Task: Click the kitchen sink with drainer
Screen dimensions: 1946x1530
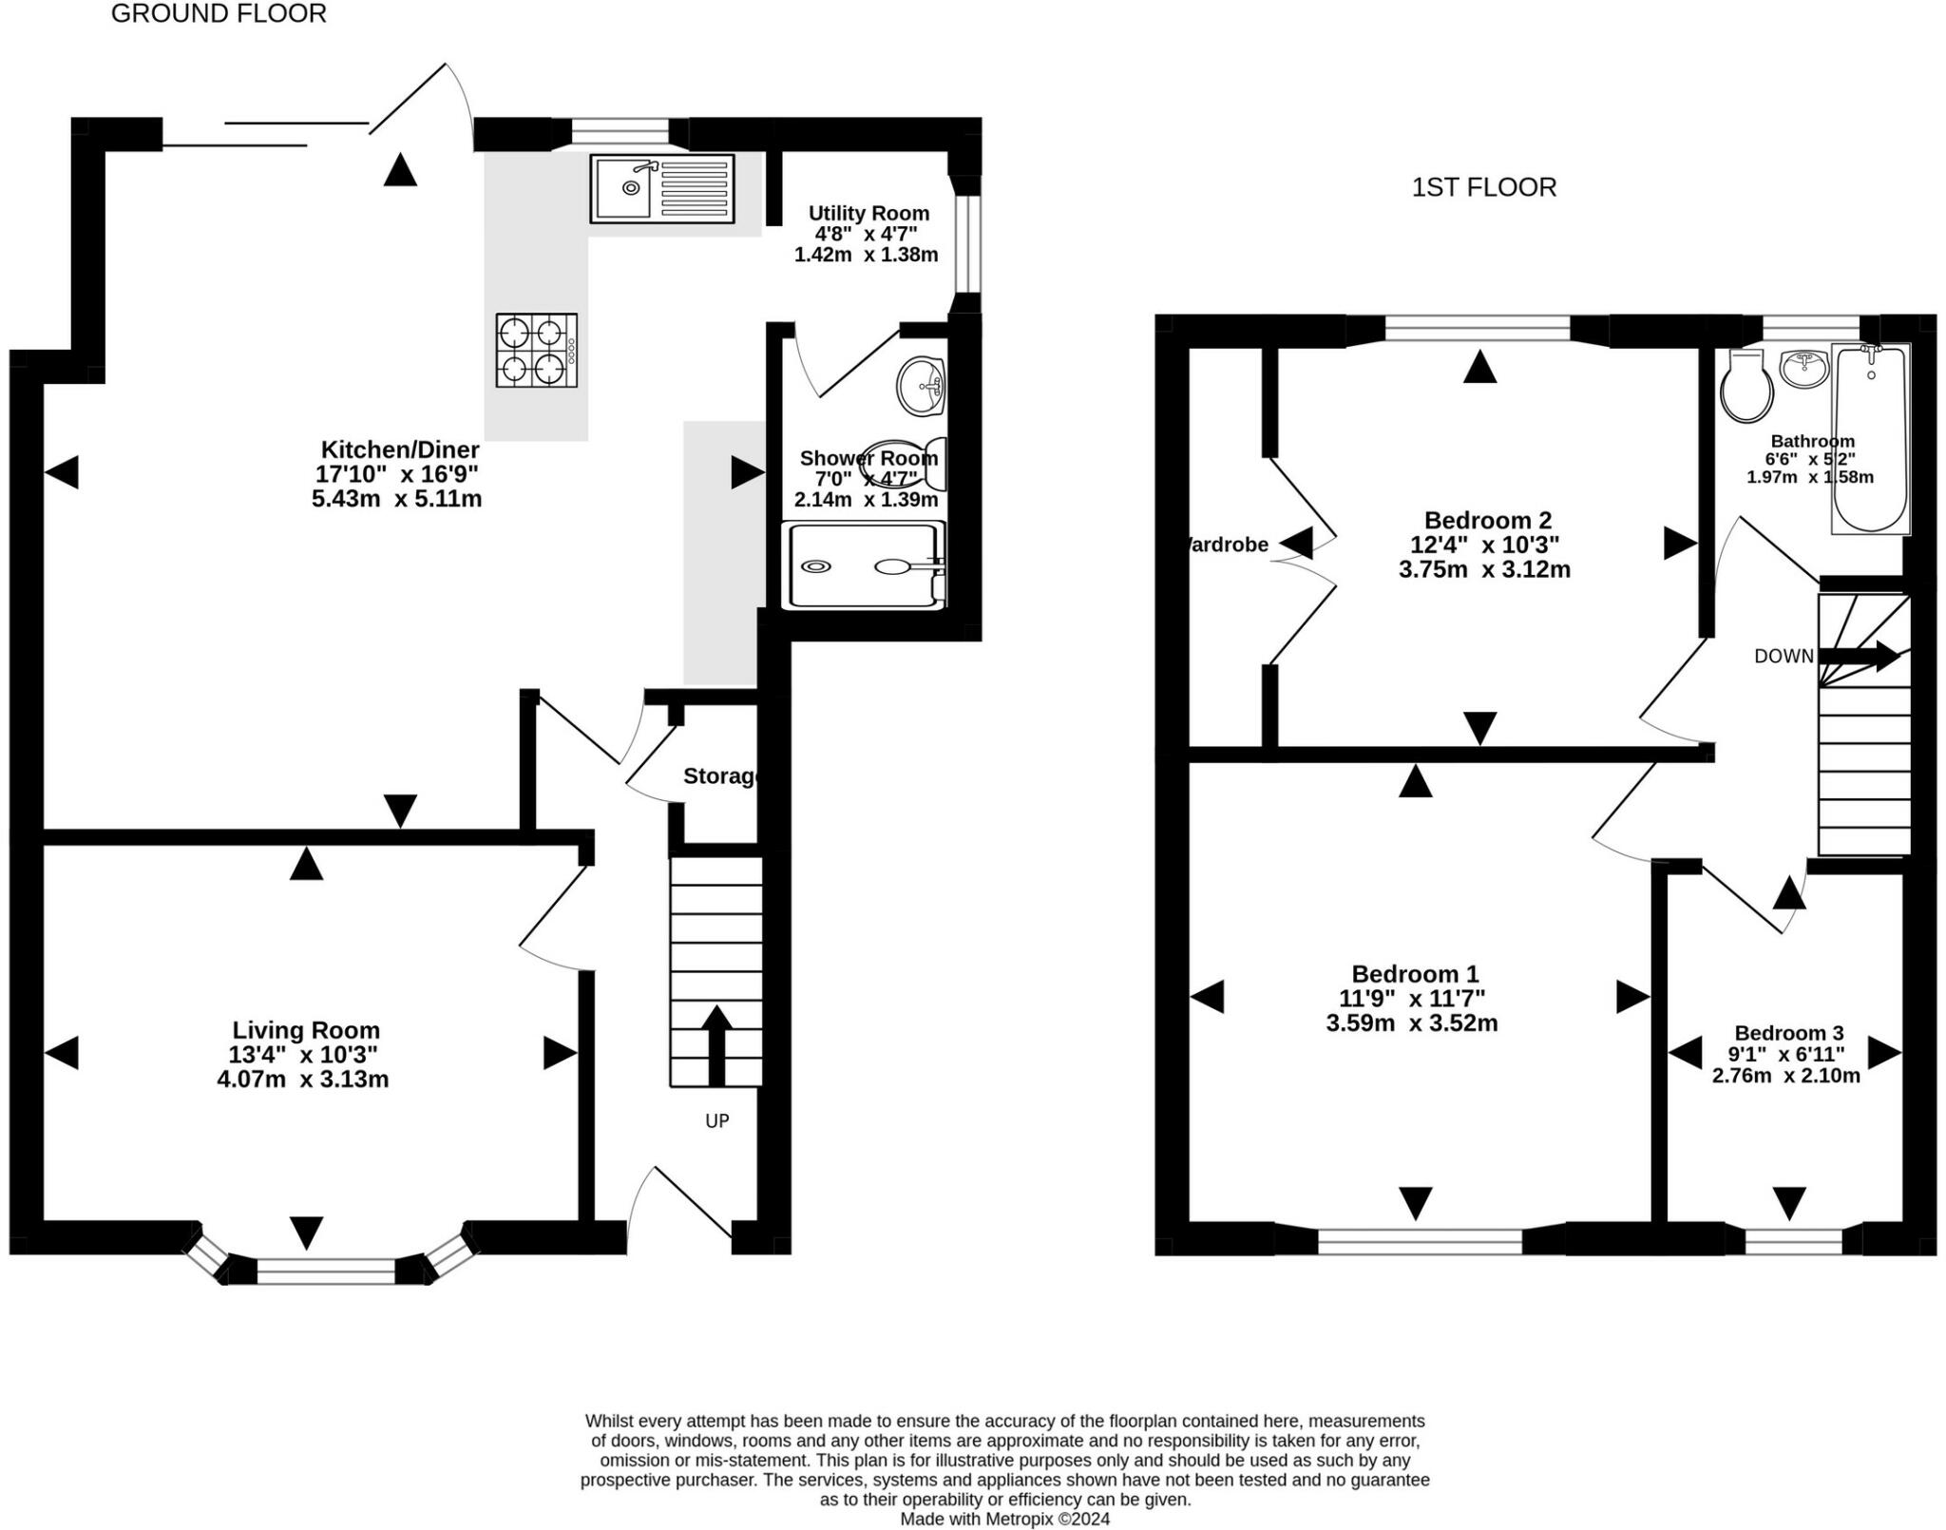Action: pyautogui.click(x=661, y=188)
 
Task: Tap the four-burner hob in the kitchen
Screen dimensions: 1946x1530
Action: pyautogui.click(x=536, y=351)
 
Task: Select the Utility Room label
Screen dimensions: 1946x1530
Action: pyautogui.click(x=868, y=213)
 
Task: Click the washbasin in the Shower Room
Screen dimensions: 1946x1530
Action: pyautogui.click(x=921, y=387)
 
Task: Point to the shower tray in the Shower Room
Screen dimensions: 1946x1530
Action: pyautogui.click(x=863, y=566)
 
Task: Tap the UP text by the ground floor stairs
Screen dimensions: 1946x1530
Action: pyautogui.click(x=717, y=1121)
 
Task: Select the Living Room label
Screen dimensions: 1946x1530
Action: pyautogui.click(x=306, y=1030)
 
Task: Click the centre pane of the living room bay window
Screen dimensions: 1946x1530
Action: pyautogui.click(x=326, y=1271)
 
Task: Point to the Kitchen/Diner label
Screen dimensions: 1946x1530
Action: pyautogui.click(x=400, y=449)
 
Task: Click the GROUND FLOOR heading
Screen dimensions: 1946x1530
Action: pyautogui.click(x=219, y=14)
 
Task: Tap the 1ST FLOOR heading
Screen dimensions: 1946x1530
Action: pyautogui.click(x=1483, y=187)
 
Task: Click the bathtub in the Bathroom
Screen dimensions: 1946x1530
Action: pyautogui.click(x=1870, y=437)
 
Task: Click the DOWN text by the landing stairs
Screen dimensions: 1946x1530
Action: pyautogui.click(x=1784, y=656)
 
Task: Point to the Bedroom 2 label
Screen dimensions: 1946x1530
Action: pyautogui.click(x=1487, y=520)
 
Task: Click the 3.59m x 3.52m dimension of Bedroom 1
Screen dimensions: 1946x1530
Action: pyautogui.click(x=1412, y=1023)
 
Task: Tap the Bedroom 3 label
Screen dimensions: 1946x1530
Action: pyautogui.click(x=1788, y=1033)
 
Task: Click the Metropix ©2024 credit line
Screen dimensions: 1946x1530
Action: pyautogui.click(x=1004, y=1519)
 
